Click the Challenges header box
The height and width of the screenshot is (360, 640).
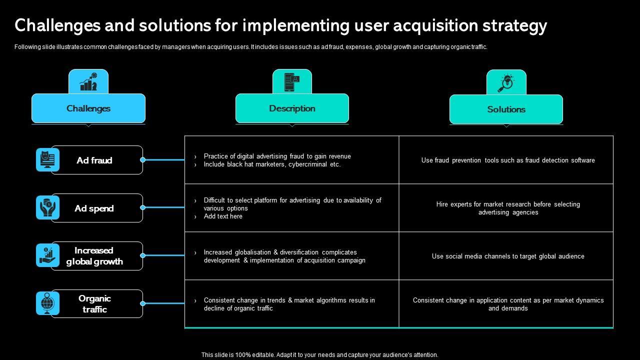[88, 108]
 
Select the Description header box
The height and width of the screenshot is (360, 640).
[292, 108]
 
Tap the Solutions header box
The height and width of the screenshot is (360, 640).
[506, 109]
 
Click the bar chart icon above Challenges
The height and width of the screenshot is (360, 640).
[88, 81]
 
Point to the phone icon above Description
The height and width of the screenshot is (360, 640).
[292, 81]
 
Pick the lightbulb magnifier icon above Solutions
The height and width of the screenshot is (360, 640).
[506, 82]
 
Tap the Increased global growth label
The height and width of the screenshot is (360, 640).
[95, 256]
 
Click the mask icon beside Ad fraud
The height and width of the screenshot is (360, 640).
[47, 160]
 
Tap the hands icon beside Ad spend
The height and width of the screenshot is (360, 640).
[47, 207]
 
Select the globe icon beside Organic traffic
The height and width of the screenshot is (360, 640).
[47, 303]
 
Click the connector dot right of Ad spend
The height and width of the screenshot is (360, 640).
[143, 207]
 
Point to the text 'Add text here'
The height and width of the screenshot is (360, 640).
[223, 216]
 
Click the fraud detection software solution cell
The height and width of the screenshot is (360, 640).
[508, 160]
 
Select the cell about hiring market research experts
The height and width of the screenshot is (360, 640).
[508, 208]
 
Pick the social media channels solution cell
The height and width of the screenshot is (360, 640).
[508, 256]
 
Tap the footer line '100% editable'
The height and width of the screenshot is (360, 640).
[319, 355]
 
